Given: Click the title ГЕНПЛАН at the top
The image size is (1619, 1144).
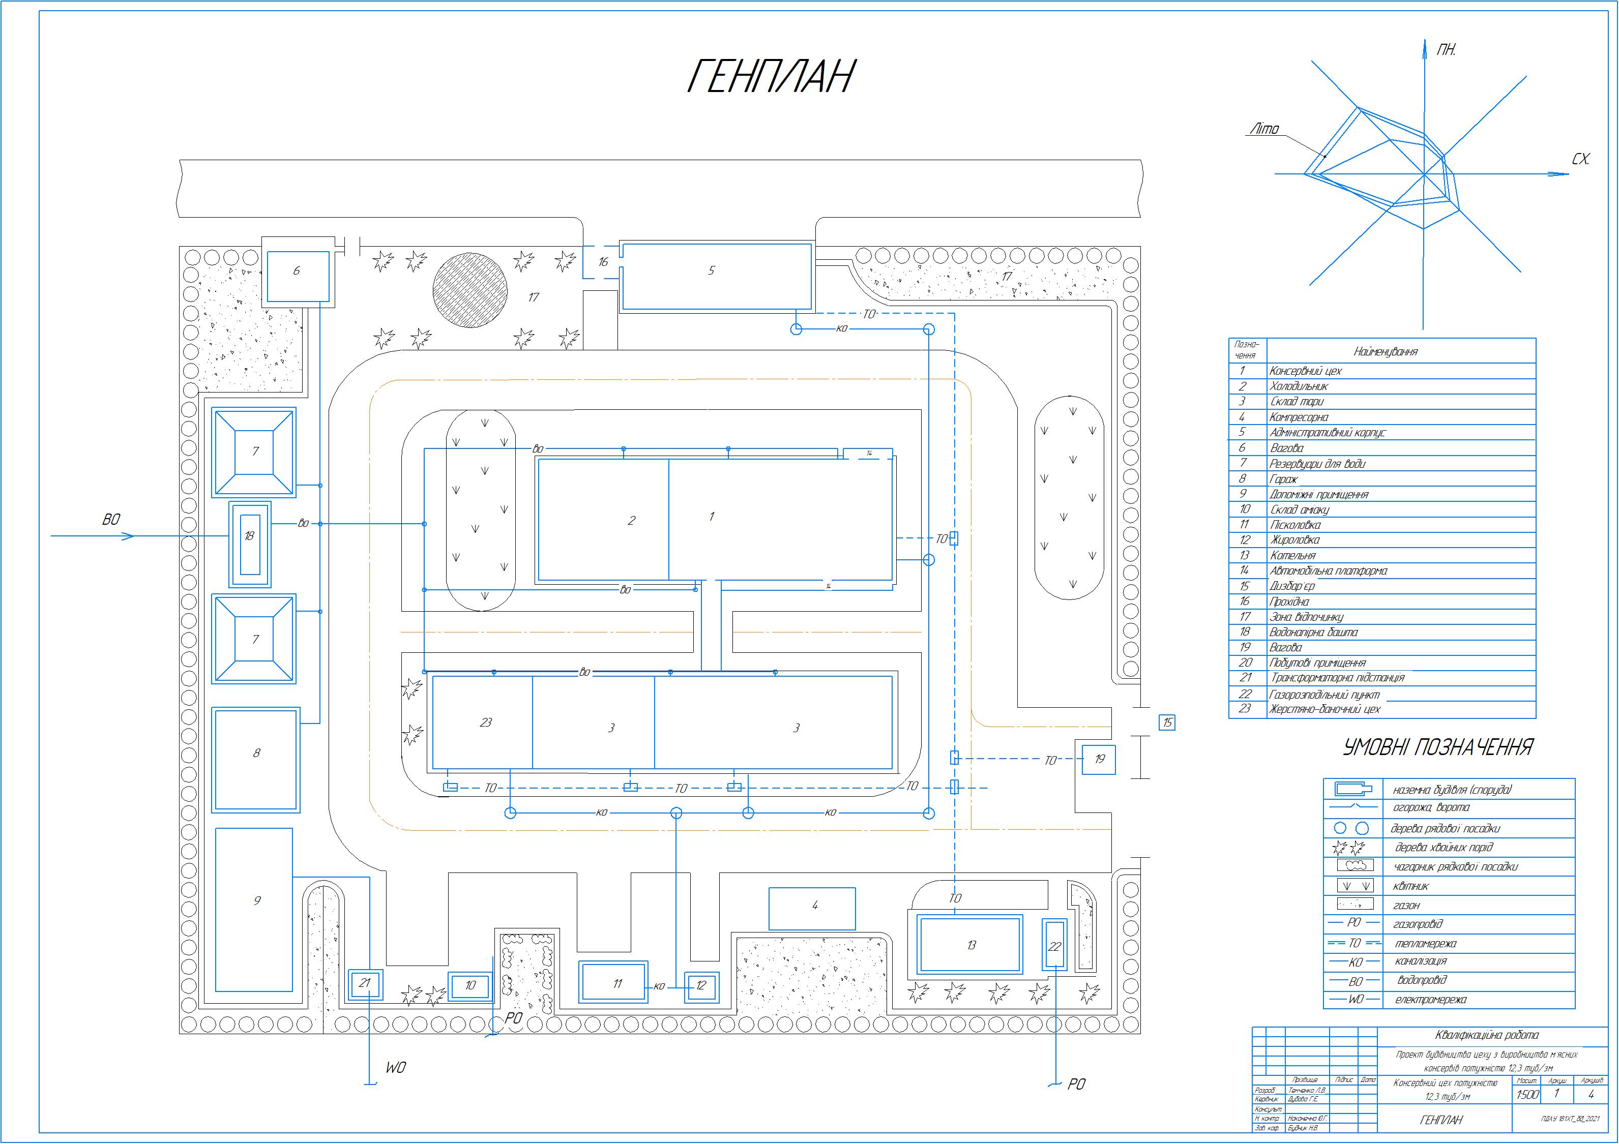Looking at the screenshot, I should pyautogui.click(x=770, y=76).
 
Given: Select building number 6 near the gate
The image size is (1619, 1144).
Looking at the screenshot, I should pyautogui.click(x=297, y=272).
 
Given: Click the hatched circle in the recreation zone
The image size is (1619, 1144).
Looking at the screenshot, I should pyautogui.click(x=469, y=290).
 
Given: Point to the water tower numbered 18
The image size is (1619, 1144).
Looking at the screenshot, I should pyautogui.click(x=250, y=544).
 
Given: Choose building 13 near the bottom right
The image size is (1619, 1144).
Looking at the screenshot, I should pyautogui.click(x=970, y=945).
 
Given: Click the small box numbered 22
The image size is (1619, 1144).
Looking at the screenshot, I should pyautogui.click(x=1054, y=946).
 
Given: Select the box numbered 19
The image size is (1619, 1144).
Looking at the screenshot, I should pyautogui.click(x=1099, y=759).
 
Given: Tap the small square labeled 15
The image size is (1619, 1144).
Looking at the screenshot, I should pyautogui.click(x=1167, y=722).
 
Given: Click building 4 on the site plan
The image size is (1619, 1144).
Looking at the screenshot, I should pyautogui.click(x=812, y=909).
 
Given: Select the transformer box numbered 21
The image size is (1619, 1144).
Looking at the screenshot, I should pyautogui.click(x=365, y=983).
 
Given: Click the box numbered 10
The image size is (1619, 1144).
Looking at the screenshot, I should pyautogui.click(x=470, y=985).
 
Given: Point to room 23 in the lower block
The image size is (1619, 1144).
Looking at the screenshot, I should pyautogui.click(x=483, y=722).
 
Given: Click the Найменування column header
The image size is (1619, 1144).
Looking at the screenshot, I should pyautogui.click(x=1385, y=351).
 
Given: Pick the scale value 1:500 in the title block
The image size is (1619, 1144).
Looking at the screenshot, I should pyautogui.click(x=1527, y=1095).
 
